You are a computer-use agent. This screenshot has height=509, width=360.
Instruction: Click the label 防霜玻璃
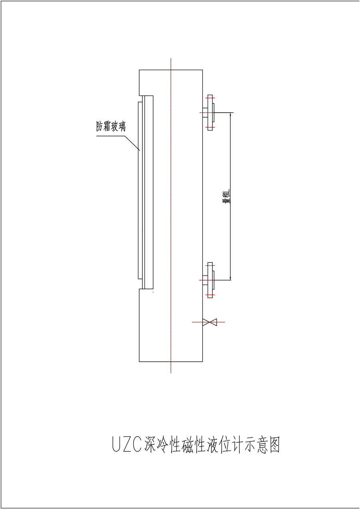111,126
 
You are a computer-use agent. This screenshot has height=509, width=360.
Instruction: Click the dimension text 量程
226,196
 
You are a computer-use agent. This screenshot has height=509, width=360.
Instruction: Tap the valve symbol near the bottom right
210,322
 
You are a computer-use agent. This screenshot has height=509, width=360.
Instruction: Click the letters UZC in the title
127,444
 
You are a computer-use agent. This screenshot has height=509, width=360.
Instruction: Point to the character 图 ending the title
274,444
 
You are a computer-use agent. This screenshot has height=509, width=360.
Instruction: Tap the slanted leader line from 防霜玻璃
132,143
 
